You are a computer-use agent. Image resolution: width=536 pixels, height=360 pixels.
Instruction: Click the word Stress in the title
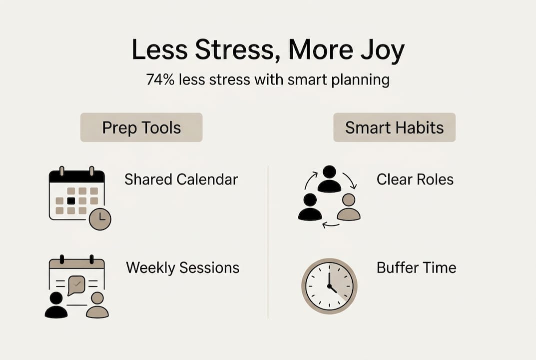coord(235,50)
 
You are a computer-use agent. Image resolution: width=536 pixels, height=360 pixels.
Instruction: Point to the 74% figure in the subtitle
coord(160,79)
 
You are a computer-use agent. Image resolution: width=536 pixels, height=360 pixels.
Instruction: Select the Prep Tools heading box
coord(141,127)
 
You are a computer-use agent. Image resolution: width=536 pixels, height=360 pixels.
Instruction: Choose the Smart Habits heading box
coord(395,127)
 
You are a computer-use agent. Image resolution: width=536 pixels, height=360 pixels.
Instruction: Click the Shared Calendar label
coord(181,179)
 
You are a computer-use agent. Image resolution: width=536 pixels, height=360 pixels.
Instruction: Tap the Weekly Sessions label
coord(183,267)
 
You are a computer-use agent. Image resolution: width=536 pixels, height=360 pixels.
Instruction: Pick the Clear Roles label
coord(415,179)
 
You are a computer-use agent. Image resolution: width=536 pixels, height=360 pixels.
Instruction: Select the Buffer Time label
coord(416,267)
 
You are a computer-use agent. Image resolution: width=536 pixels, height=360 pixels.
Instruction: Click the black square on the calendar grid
coord(71,201)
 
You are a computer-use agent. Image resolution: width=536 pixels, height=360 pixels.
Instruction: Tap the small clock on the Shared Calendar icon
coord(100,219)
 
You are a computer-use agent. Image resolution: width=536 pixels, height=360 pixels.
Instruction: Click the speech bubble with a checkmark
coord(76,285)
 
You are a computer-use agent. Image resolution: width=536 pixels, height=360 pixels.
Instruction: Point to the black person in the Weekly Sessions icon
coord(56,305)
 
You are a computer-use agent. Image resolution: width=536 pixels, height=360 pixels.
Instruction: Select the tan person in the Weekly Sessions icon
coord(97,305)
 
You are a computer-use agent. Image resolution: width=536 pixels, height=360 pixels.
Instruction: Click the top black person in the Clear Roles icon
coord(329,179)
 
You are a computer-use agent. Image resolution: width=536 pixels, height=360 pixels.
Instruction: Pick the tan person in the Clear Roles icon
coord(349,207)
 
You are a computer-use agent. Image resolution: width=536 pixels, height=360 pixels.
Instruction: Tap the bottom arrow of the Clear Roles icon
coord(331,225)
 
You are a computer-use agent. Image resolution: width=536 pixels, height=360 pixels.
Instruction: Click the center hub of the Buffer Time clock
coord(329,285)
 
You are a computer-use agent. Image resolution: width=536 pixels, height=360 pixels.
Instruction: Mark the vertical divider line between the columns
coord(268,242)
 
